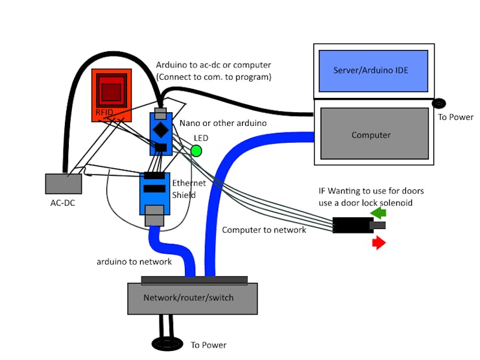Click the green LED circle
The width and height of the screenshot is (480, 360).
coord(196,151)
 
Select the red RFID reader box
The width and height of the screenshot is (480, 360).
coord(112,95)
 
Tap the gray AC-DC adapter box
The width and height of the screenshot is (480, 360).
coord(64,184)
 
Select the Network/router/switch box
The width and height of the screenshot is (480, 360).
coord(192,298)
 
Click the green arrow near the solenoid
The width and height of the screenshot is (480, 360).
coord(378,212)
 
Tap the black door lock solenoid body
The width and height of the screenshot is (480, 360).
coord(352,225)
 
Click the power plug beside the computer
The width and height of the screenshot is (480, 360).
coord(440,103)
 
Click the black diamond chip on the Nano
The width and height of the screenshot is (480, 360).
coord(160,129)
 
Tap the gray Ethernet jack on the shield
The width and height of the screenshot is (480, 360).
coord(154,215)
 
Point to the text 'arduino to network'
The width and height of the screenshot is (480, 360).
coord(134,261)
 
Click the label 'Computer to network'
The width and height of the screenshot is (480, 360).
coord(264,230)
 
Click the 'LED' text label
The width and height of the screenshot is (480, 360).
coord(201,138)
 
